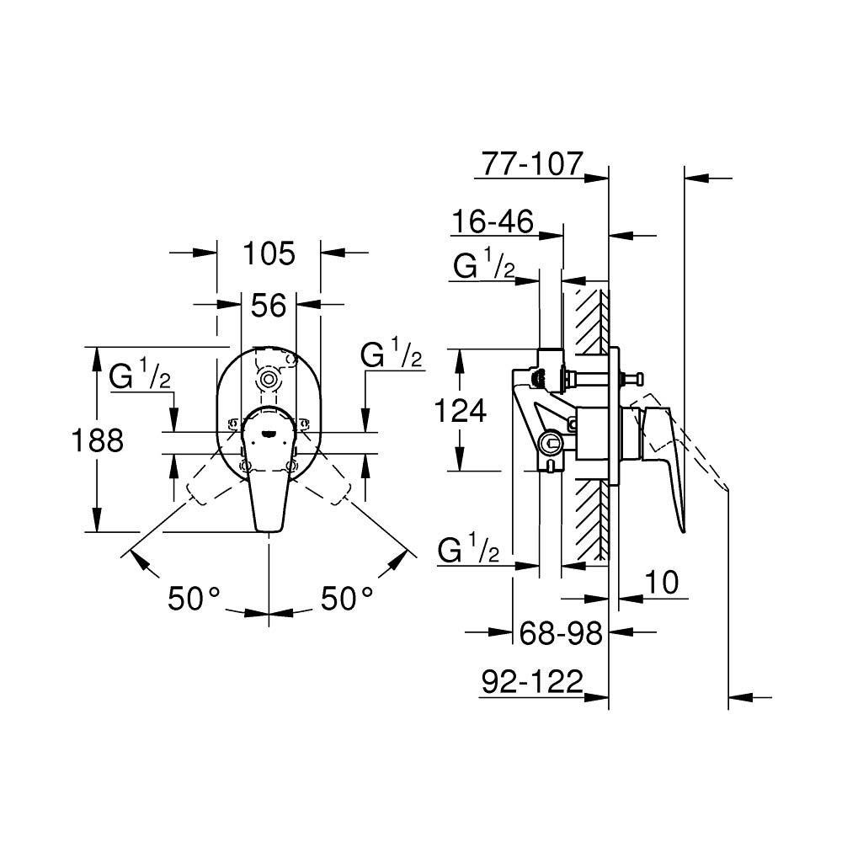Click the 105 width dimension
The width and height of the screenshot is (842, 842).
(x=269, y=253)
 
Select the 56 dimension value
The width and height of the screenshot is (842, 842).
(x=269, y=306)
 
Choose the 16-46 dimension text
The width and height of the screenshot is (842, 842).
(x=493, y=222)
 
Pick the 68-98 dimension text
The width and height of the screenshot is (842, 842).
(x=561, y=633)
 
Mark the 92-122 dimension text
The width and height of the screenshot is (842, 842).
(x=532, y=683)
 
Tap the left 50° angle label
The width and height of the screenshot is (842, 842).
(x=194, y=599)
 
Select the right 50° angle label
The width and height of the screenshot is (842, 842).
(x=346, y=599)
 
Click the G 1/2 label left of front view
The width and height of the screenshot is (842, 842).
(x=140, y=376)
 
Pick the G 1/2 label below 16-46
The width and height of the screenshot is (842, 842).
(x=483, y=267)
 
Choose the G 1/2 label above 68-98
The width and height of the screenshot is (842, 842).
(x=469, y=551)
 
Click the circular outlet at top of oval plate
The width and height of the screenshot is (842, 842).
(x=269, y=379)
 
